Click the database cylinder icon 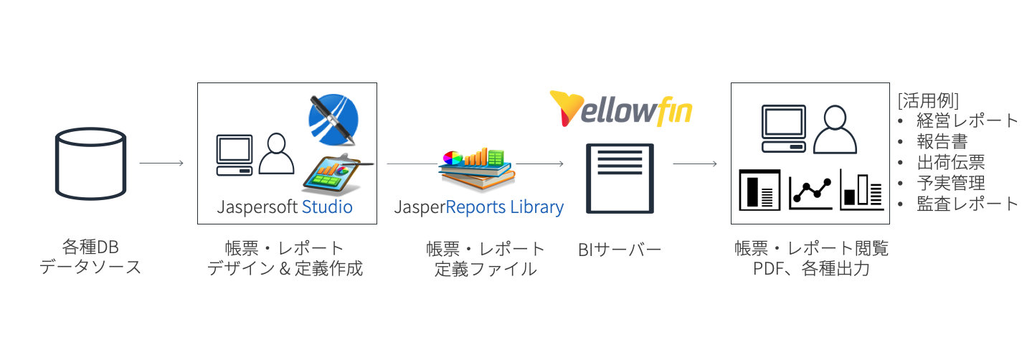click(x=90, y=164)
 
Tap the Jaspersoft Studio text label click(x=285, y=207)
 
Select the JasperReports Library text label click(x=479, y=207)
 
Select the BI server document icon click(x=620, y=179)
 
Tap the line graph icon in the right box click(x=810, y=190)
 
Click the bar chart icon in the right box click(x=861, y=190)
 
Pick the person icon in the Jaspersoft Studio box click(x=276, y=153)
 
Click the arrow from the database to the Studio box click(x=161, y=164)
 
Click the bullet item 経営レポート click(x=967, y=120)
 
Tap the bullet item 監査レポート click(x=967, y=203)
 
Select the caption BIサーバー click(x=620, y=249)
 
